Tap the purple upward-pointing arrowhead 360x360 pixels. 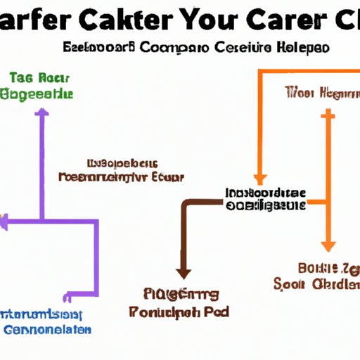[43, 112]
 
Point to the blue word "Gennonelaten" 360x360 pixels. [46, 329]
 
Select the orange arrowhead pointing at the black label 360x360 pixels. [259, 179]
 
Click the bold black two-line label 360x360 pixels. [266, 198]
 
